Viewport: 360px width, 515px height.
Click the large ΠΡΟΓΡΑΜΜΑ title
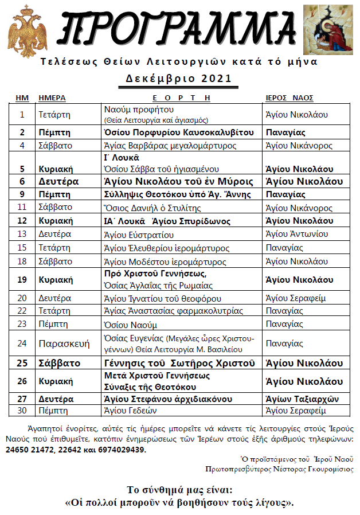182,29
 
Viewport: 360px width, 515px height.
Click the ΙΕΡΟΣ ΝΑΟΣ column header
289,97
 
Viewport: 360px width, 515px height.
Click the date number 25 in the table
22,363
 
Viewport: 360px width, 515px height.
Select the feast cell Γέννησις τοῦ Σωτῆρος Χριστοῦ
179,363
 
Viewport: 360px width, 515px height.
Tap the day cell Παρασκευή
64,344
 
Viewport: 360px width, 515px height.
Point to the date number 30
22,411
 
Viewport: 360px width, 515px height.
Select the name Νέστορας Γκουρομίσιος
320,468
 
